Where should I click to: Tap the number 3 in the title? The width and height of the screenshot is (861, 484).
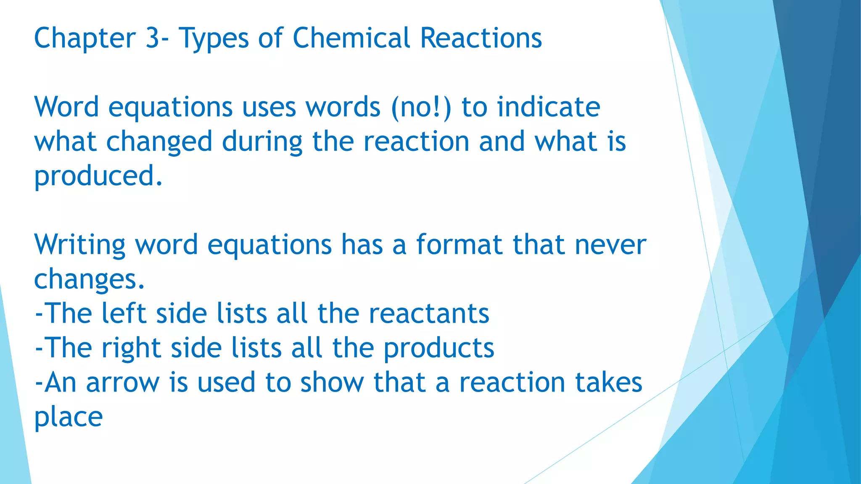coord(152,38)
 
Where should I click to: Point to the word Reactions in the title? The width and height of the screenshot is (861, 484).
coord(481,38)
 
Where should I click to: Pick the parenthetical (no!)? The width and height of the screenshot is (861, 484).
coord(421,107)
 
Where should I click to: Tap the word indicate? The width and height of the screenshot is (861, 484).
coord(548,107)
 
